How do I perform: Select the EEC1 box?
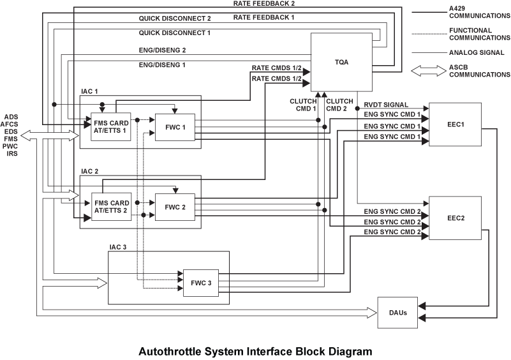point(455,123)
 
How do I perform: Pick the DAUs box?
point(397,313)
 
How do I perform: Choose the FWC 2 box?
point(175,207)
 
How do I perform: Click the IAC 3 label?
point(119,247)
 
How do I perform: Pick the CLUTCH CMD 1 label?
point(303,104)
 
